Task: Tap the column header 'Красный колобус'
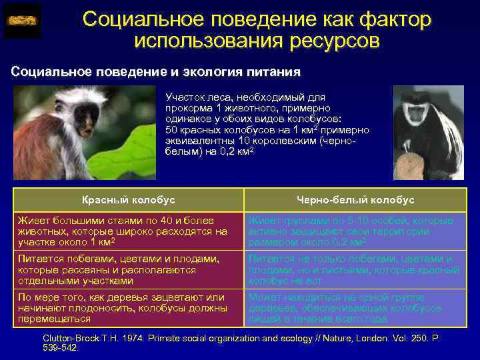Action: [128, 199]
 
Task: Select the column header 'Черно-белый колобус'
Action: [355, 199]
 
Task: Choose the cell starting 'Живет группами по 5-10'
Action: [355, 230]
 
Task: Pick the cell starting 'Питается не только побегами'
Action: [355, 269]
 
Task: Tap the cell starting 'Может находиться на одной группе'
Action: [355, 308]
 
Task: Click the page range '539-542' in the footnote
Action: [60, 347]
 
